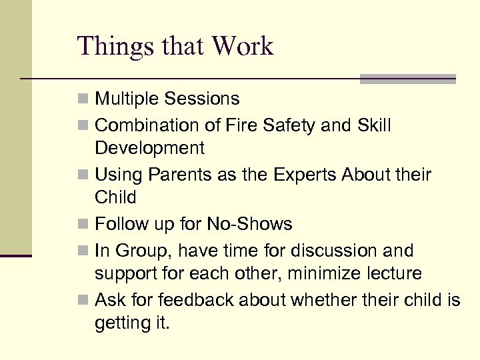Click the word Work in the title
tap(243, 46)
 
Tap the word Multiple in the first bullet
tap(127, 99)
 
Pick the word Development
tap(149, 148)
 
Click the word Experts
tap(304, 175)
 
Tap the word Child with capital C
tap(115, 198)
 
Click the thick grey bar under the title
tap(407, 79)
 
